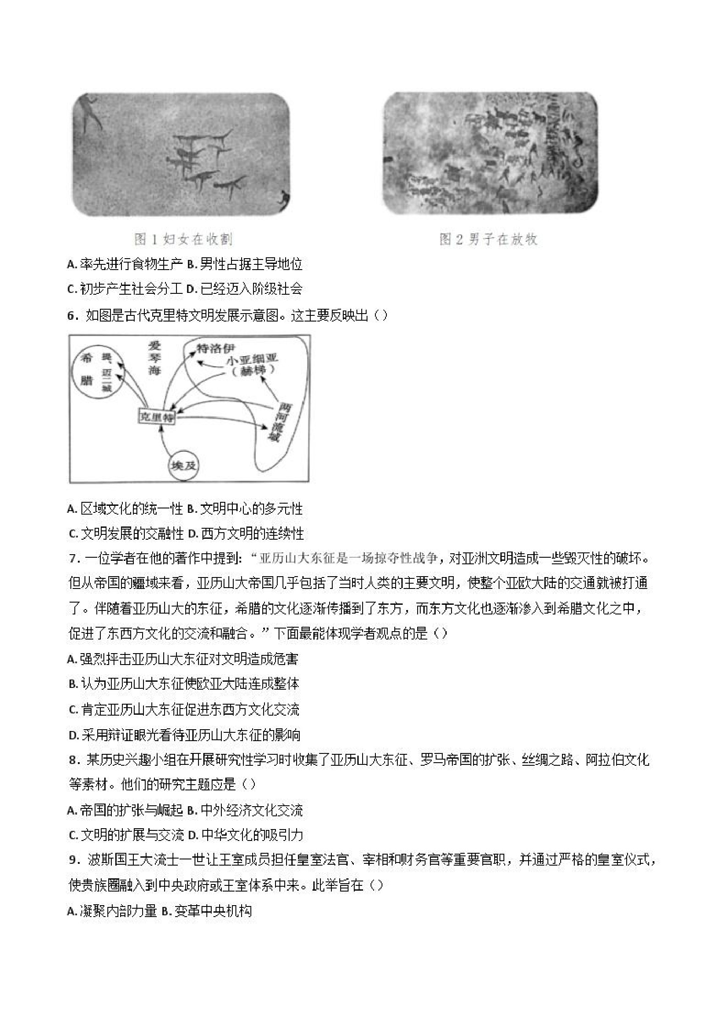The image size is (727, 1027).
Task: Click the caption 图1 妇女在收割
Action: [x=184, y=240]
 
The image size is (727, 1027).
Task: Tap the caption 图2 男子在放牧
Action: [x=488, y=240]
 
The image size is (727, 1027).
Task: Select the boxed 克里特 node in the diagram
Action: [x=157, y=417]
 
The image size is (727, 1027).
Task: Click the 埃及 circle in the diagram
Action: [x=183, y=465]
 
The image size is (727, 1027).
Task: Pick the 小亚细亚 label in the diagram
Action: [x=252, y=359]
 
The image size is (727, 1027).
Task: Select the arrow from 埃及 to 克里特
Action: [x=162, y=443]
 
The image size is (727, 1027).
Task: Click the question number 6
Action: [x=72, y=316]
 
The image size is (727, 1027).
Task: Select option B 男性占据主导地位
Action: [x=244, y=264]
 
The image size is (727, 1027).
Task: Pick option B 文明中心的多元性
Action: [x=244, y=508]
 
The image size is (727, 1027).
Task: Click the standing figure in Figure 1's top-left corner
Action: [x=92, y=113]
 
